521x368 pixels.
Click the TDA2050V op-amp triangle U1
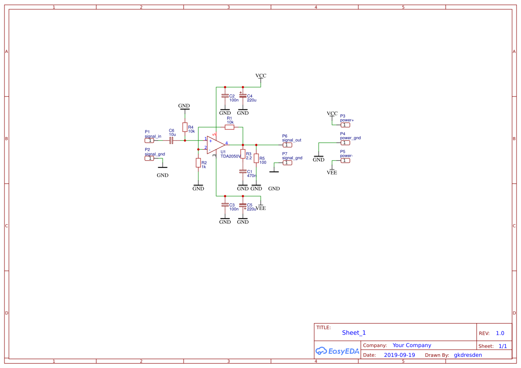tap(216, 145)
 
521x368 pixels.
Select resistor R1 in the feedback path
tap(230, 127)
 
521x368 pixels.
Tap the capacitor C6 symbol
tap(171, 141)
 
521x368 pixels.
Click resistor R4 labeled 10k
tap(185, 127)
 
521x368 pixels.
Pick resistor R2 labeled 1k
tap(198, 163)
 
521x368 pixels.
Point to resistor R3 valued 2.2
tap(242, 154)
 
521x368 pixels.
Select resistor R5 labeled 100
tap(256, 158)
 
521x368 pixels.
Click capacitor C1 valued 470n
tap(242, 171)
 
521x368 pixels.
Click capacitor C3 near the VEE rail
tap(225, 205)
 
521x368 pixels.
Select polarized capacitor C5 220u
tap(242, 205)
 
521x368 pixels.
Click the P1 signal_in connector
tap(149, 141)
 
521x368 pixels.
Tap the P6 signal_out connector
tap(287, 145)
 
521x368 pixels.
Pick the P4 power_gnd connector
tap(345, 143)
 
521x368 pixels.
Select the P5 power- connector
tap(345, 161)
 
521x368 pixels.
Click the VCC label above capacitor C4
tap(261, 76)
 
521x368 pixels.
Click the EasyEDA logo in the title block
tap(337, 351)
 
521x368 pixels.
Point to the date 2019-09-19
tap(399, 355)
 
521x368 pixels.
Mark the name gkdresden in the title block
tap(468, 355)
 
